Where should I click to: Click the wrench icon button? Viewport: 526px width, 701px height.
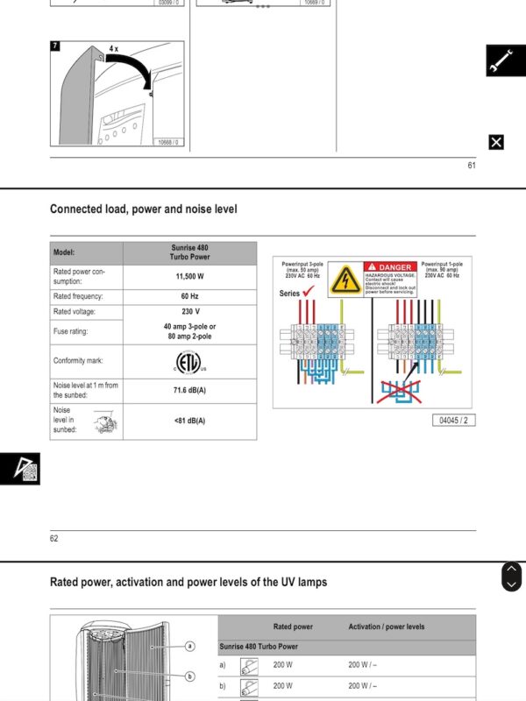[506, 60]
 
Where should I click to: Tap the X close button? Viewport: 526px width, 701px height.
[496, 142]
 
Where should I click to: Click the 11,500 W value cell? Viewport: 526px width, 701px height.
[189, 277]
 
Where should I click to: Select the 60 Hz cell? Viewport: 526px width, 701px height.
[189, 296]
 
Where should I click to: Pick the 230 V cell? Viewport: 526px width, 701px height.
[189, 311]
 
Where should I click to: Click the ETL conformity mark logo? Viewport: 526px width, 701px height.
[189, 361]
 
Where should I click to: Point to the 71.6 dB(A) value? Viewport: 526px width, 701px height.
[189, 390]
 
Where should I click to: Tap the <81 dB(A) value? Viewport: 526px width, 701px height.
[189, 421]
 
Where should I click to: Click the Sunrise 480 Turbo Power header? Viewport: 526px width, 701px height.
[189, 252]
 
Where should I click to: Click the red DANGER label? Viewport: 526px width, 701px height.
[389, 266]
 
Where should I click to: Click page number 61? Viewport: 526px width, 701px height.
[471, 166]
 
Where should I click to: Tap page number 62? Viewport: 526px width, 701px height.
[54, 538]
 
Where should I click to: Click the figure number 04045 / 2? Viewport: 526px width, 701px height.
[456, 421]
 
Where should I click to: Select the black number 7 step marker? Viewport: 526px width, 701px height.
[55, 46]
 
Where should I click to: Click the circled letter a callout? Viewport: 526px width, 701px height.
[189, 646]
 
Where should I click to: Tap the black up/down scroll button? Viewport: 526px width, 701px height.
[511, 577]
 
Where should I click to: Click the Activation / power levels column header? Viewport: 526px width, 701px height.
[386, 627]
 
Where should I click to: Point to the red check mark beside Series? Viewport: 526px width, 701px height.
[309, 292]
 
